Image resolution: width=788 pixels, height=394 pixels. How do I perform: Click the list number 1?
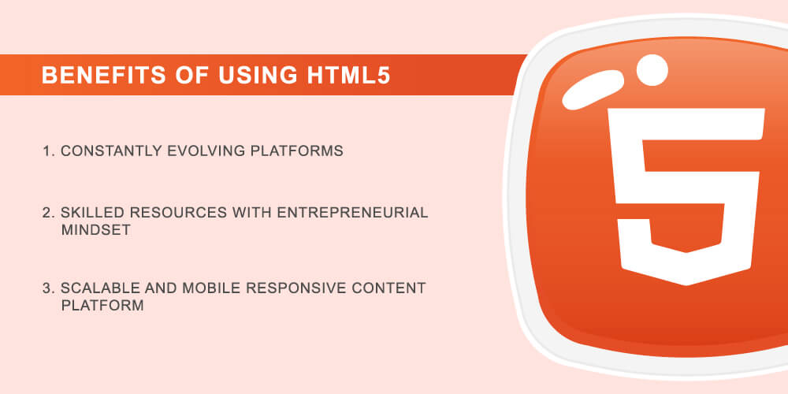click(48, 151)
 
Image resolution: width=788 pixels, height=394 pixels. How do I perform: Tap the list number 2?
click(48, 213)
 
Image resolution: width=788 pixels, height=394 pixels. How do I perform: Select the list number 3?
click(48, 288)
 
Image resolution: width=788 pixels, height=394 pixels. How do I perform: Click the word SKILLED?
click(94, 213)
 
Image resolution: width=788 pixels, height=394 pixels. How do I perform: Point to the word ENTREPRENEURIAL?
click(352, 213)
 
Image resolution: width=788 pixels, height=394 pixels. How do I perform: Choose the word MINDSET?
click(96, 229)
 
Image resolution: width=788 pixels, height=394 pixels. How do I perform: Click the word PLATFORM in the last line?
click(102, 306)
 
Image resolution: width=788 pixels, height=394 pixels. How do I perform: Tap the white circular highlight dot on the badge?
click(652, 70)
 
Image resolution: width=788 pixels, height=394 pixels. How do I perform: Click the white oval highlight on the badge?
click(593, 90)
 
